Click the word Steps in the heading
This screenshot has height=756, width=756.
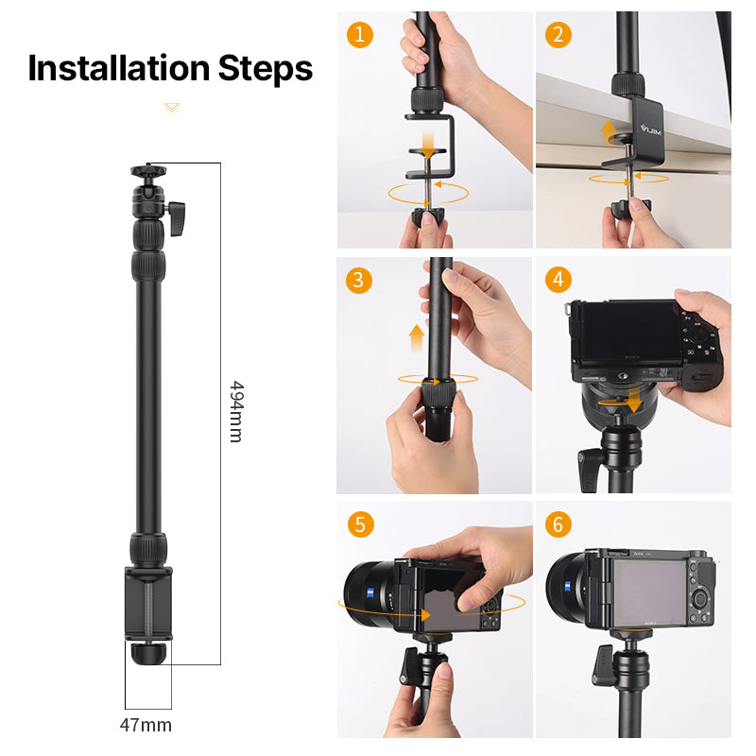(x=266, y=68)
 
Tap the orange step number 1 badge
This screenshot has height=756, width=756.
(x=359, y=35)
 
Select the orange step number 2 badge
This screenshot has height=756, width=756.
(x=558, y=35)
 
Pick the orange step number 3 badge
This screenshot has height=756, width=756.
(x=359, y=280)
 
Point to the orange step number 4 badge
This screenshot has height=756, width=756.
(x=558, y=280)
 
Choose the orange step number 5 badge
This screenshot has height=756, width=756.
(x=359, y=524)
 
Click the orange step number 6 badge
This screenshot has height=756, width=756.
(x=558, y=524)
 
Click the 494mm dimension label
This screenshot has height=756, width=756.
(x=235, y=412)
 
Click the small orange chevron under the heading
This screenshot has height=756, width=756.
(x=171, y=109)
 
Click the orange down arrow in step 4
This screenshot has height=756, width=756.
(x=631, y=402)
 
